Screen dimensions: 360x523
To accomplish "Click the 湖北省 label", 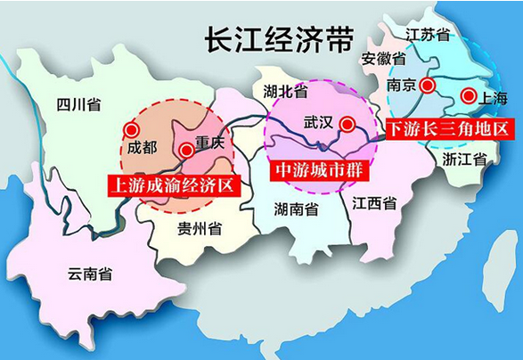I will tap(286, 91).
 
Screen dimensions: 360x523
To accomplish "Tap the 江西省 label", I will tap(374, 203).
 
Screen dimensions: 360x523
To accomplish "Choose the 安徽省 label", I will tap(384, 60).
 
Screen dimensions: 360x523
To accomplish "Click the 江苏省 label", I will tap(428, 35).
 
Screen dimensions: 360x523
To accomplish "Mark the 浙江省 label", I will tap(463, 160).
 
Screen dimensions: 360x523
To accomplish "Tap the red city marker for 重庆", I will tap(186, 151).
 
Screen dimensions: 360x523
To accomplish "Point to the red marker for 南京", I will tap(428, 86).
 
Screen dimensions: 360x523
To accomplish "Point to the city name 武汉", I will tap(318, 120).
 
